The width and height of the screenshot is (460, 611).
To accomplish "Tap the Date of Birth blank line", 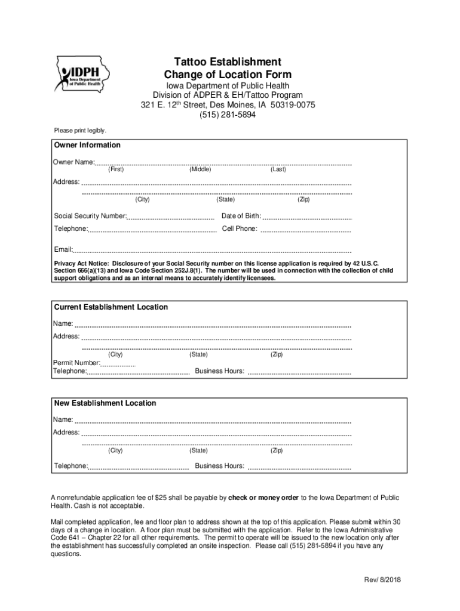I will pos(307,217).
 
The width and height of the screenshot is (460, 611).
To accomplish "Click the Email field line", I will pos(212,251).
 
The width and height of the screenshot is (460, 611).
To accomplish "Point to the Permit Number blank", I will pos(118,364).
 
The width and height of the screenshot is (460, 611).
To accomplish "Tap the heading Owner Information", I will pos(87,145).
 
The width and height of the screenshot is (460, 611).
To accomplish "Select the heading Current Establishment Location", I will pos(111,307).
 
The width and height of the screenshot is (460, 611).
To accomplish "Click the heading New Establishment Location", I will pos(105,403).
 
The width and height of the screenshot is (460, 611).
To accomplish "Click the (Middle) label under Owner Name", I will pos(200,170).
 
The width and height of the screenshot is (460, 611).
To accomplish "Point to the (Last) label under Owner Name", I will pos(278,170).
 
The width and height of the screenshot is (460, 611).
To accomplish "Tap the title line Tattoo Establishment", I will pos(228,62).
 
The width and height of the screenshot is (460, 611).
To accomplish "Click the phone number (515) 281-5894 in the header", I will pos(228,116).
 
